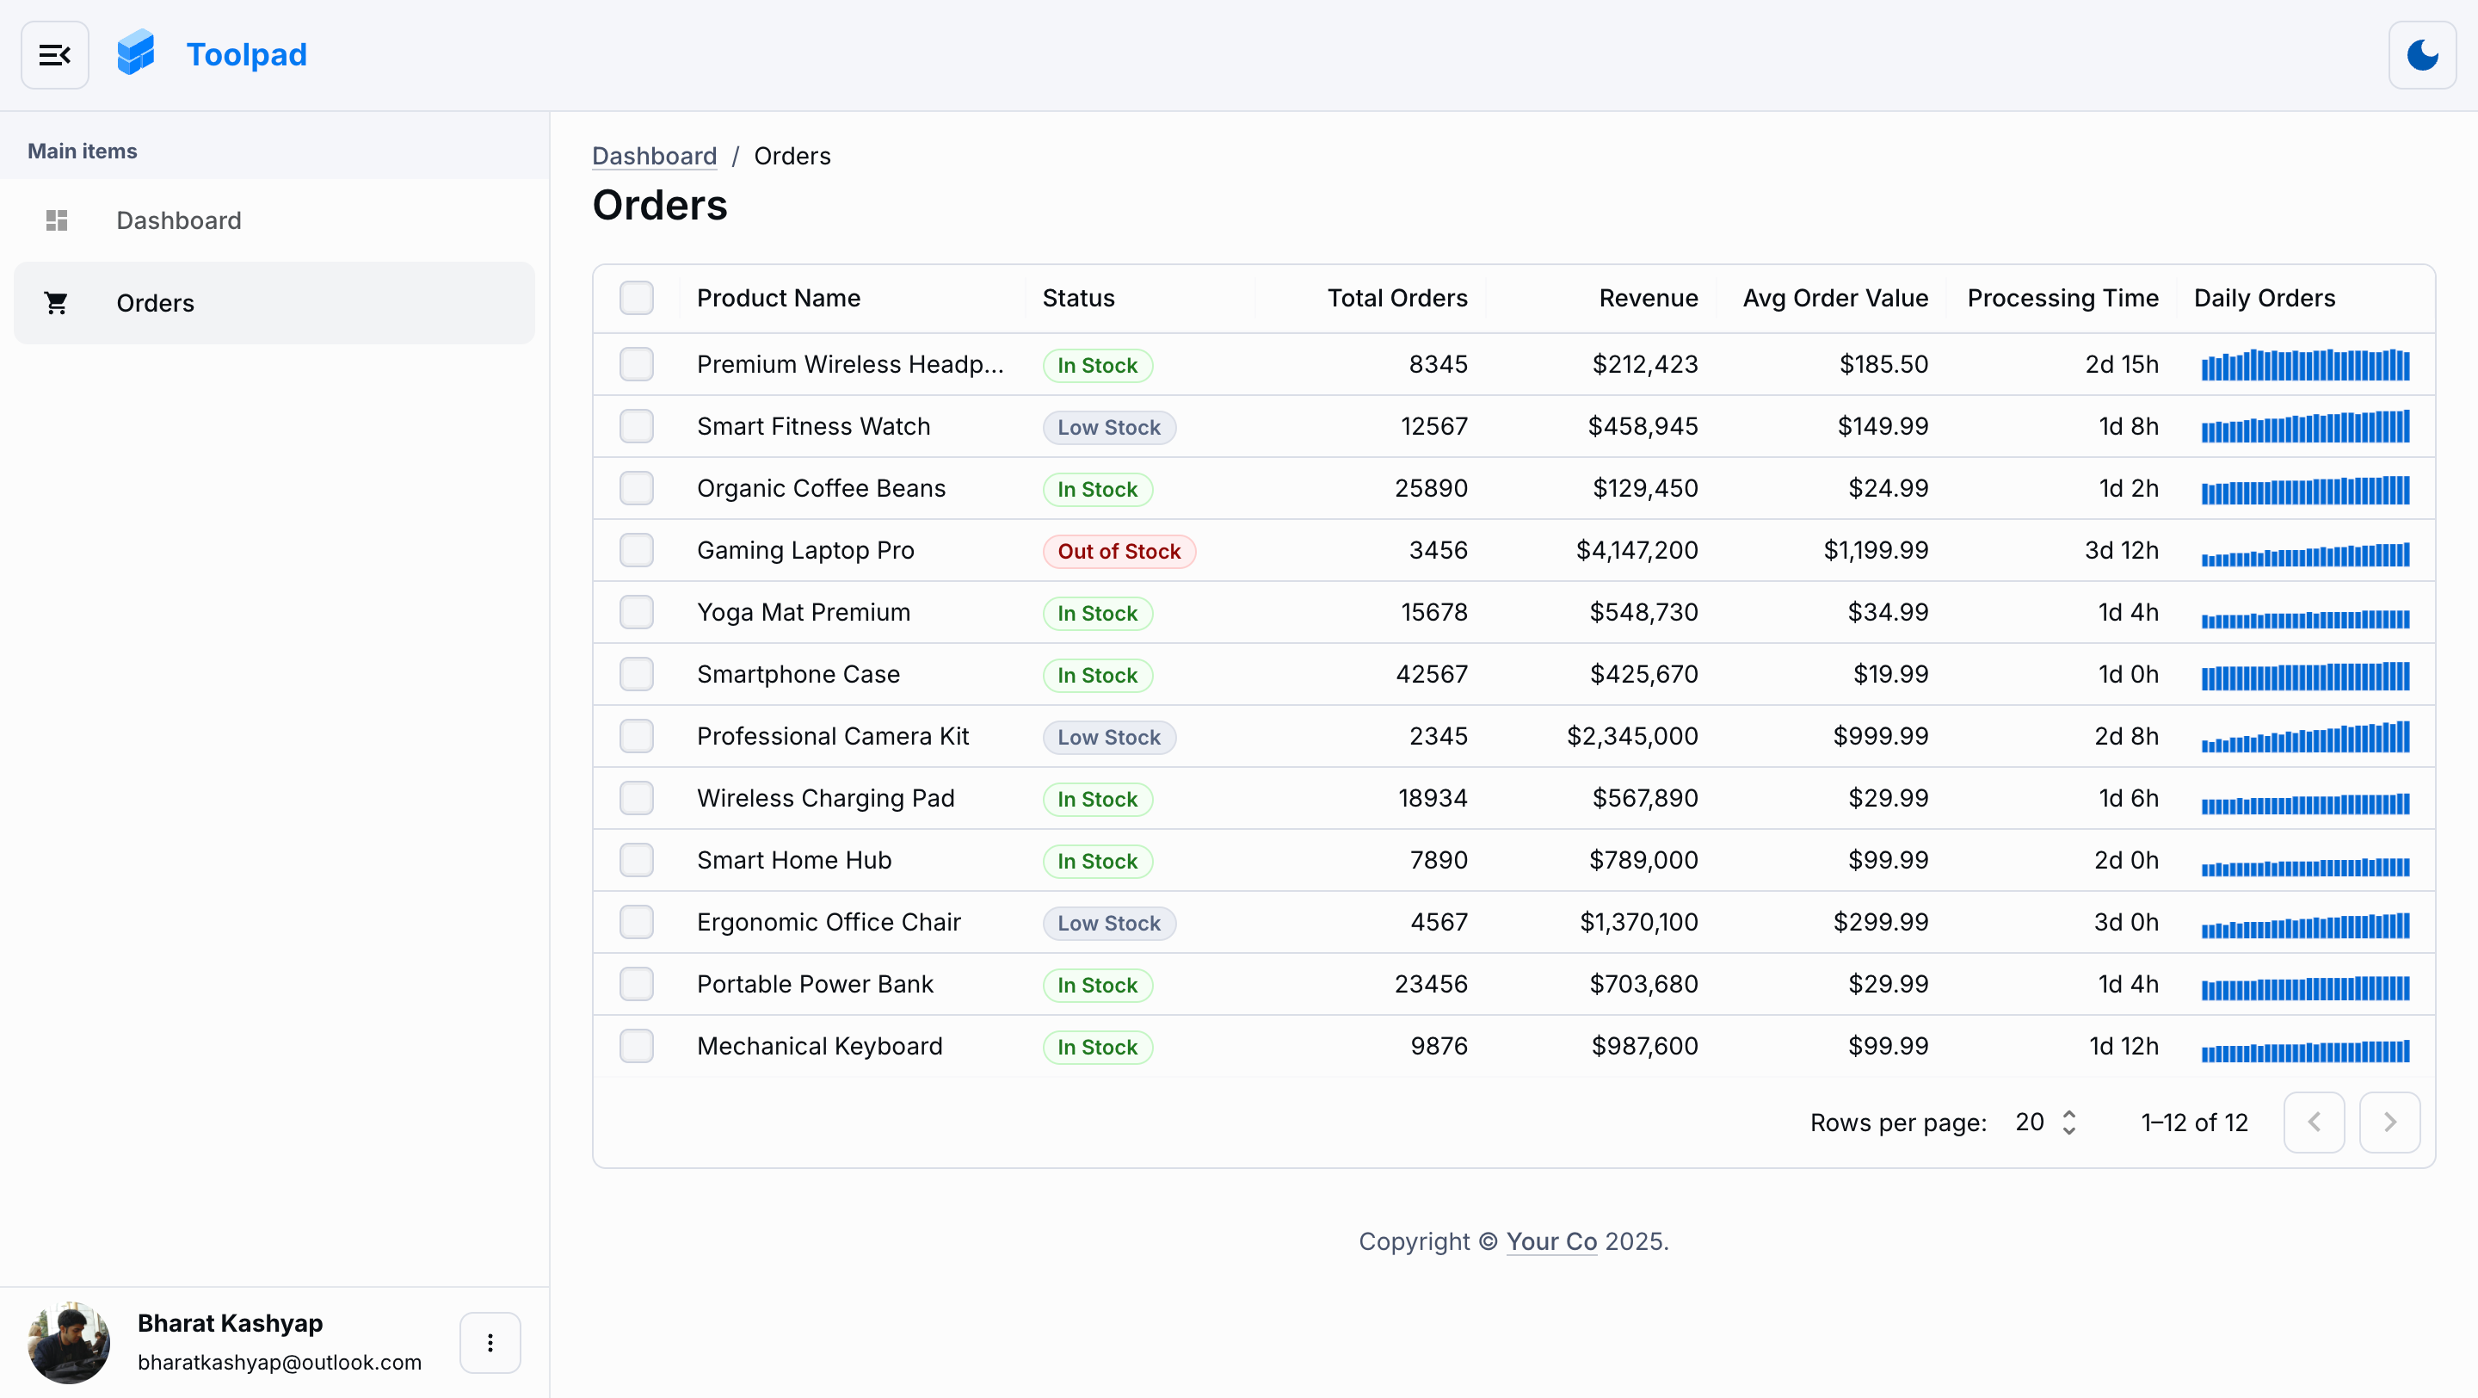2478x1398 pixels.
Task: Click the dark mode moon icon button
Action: tap(2421, 55)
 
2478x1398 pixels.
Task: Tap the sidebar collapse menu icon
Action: tap(55, 55)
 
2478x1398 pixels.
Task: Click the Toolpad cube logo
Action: tap(136, 53)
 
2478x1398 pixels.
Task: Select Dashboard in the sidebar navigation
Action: tap(178, 220)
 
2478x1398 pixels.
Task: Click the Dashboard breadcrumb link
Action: tap(654, 156)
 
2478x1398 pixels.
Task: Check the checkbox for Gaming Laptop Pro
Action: tap(636, 550)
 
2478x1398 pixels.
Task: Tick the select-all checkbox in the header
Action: tap(636, 298)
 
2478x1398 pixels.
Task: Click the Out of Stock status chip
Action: tap(1118, 551)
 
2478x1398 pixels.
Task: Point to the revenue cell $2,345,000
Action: tap(1631, 736)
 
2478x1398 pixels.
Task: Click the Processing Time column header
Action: tap(2062, 298)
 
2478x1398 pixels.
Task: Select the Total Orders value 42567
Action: tap(1432, 674)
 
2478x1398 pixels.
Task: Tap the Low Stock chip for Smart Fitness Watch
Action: tap(1108, 427)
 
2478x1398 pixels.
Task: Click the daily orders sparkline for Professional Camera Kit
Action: tap(2305, 737)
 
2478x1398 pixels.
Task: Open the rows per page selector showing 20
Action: tap(2045, 1122)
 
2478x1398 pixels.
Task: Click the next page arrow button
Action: tap(2389, 1122)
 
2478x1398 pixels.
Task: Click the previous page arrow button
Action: tap(2314, 1122)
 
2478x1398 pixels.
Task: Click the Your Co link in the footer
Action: tap(1550, 1241)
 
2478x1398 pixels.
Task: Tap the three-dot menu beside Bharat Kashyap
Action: tap(490, 1342)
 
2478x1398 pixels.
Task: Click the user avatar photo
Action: tap(68, 1342)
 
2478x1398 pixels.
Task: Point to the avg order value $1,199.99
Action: tap(1875, 550)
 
